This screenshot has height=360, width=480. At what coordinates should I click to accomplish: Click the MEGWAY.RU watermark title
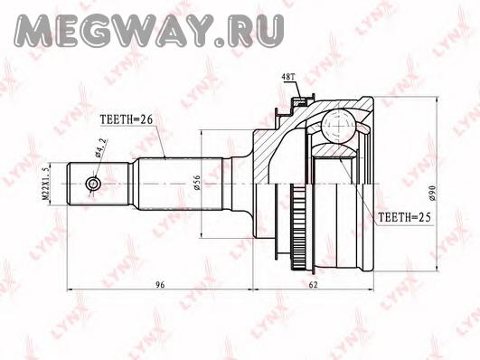point(150,31)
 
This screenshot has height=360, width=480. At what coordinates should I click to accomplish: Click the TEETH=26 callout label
point(127,119)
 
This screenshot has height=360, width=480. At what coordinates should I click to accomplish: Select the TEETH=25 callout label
point(404,217)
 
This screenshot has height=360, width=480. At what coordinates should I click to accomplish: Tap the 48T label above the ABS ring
point(288,78)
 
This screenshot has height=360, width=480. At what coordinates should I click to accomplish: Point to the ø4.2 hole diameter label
point(101,147)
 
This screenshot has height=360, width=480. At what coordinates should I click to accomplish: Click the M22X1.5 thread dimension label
point(44,184)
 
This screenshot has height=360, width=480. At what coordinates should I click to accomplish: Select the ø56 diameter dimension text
point(197,183)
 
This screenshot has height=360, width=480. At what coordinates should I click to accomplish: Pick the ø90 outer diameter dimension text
point(432,193)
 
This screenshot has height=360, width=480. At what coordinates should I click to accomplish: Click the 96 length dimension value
point(160,285)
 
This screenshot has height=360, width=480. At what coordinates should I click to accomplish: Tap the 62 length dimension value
point(313,285)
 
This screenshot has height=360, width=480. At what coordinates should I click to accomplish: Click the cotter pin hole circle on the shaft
point(92,184)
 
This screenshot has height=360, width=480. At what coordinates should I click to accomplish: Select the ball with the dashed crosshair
point(338,127)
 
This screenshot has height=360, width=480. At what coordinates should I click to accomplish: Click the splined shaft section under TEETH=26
point(180,184)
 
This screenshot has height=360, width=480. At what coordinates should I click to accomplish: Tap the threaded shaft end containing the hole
point(98,184)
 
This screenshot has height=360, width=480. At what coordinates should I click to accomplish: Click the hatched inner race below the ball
point(335,150)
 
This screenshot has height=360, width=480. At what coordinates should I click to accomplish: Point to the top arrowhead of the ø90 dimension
point(437,100)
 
